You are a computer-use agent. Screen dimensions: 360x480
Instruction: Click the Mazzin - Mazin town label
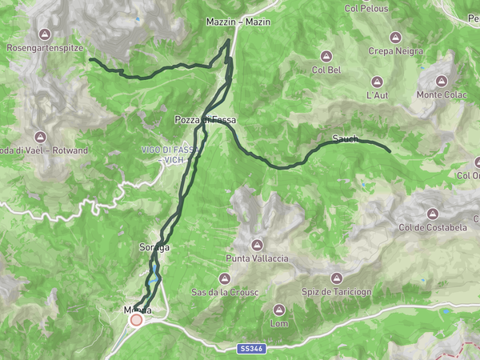point(238,22)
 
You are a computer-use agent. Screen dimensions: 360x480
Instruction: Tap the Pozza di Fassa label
point(206,120)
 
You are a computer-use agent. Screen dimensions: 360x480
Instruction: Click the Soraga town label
point(155,247)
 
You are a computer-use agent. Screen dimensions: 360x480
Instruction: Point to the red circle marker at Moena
point(136,320)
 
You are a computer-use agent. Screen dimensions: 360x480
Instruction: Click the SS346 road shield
point(248,349)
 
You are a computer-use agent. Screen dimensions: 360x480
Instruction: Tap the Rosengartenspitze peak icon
point(45,34)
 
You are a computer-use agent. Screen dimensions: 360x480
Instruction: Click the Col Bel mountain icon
point(326,56)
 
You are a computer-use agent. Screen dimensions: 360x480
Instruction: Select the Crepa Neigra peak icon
point(394,37)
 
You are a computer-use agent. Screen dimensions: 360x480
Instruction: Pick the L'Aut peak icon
point(377,82)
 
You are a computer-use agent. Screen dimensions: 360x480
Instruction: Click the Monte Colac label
point(441,95)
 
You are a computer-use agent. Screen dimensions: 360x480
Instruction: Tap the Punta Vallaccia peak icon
point(257,244)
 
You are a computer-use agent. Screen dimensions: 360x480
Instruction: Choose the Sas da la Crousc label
point(224,292)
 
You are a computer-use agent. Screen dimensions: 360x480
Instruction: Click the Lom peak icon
point(279,310)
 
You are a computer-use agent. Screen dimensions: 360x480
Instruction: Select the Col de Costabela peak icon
point(432,214)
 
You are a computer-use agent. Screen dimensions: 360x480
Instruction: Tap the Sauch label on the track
point(345,139)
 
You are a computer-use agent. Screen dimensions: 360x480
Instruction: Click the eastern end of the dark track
point(389,150)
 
